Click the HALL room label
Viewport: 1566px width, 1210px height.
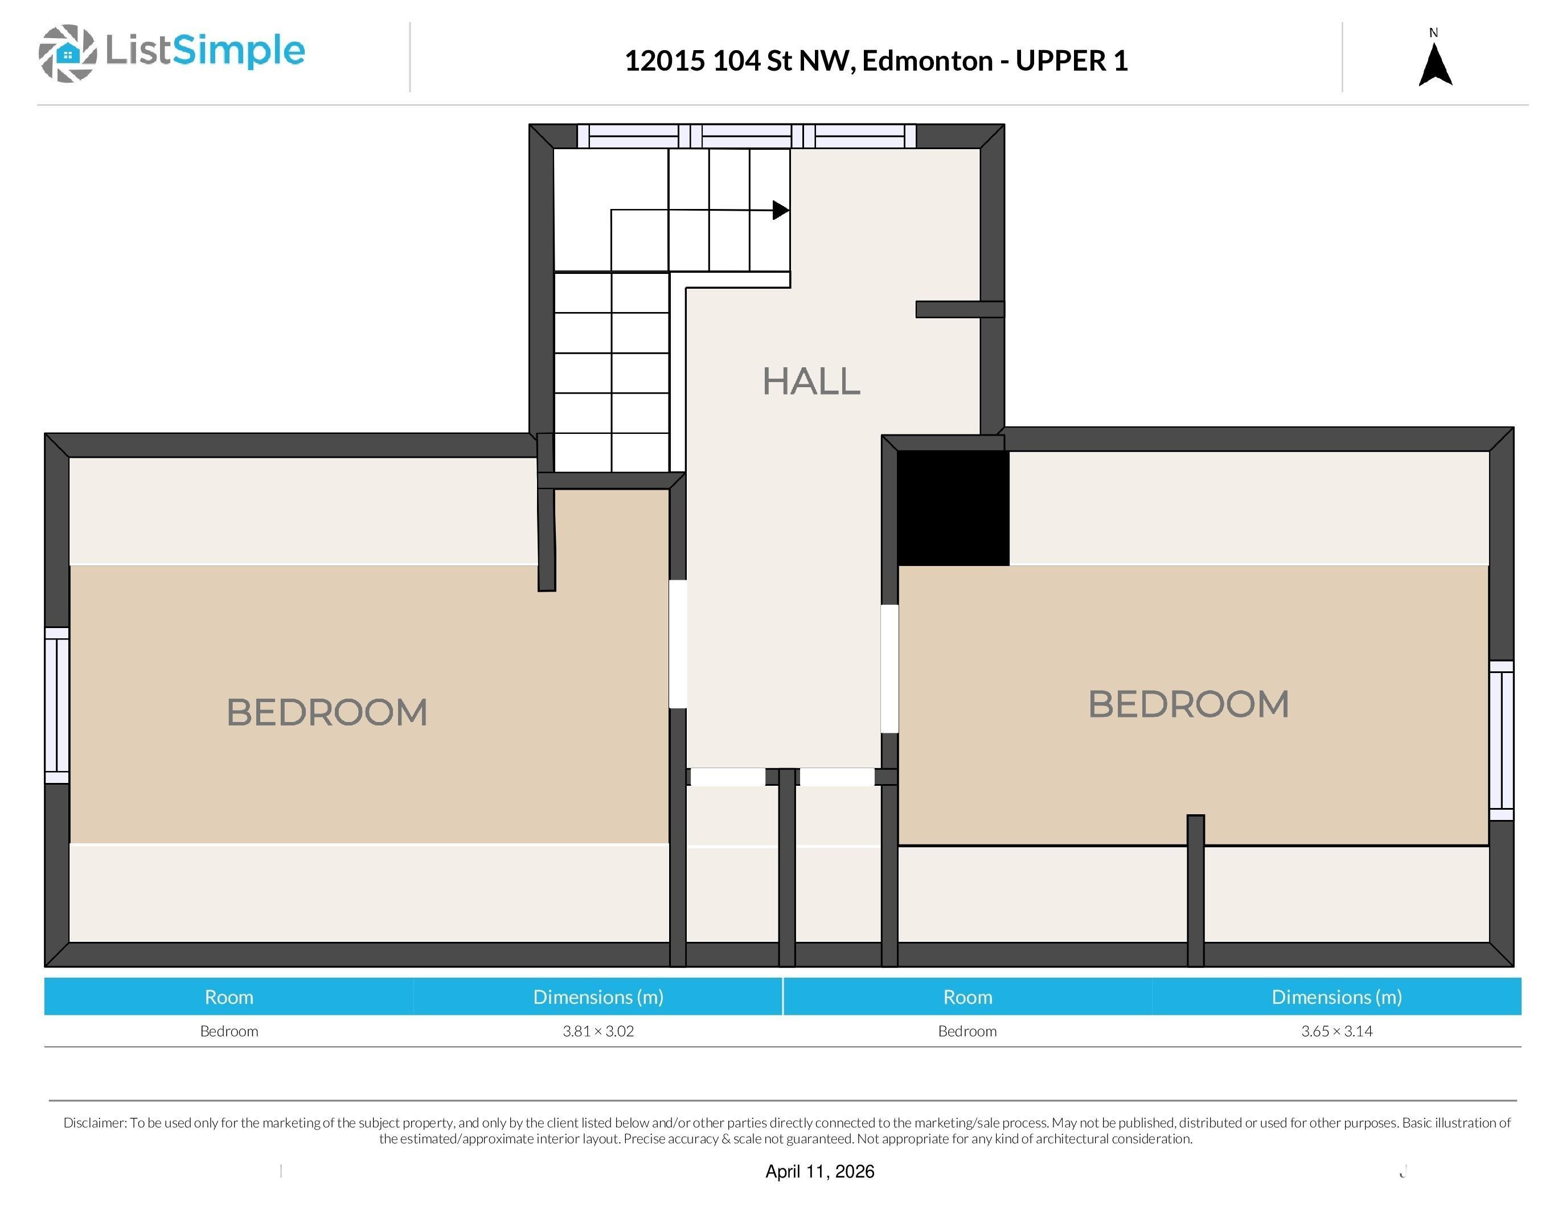click(811, 382)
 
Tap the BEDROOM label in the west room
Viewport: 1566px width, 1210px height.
click(327, 712)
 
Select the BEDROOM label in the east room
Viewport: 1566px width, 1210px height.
click(1188, 704)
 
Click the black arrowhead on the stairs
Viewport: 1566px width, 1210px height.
click(781, 210)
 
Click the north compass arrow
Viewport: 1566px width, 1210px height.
click(1436, 64)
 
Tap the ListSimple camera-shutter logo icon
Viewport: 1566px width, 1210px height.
click(67, 53)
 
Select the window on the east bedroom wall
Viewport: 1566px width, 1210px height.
click(1502, 740)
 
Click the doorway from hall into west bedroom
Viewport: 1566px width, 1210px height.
click(678, 643)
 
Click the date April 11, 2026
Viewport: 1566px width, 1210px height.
click(819, 1171)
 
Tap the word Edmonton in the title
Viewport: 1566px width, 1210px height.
click(927, 61)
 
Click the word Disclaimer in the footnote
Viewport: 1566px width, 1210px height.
click(95, 1122)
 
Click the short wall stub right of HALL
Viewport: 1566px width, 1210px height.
click(960, 309)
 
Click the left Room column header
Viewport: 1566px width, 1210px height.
click(229, 997)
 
